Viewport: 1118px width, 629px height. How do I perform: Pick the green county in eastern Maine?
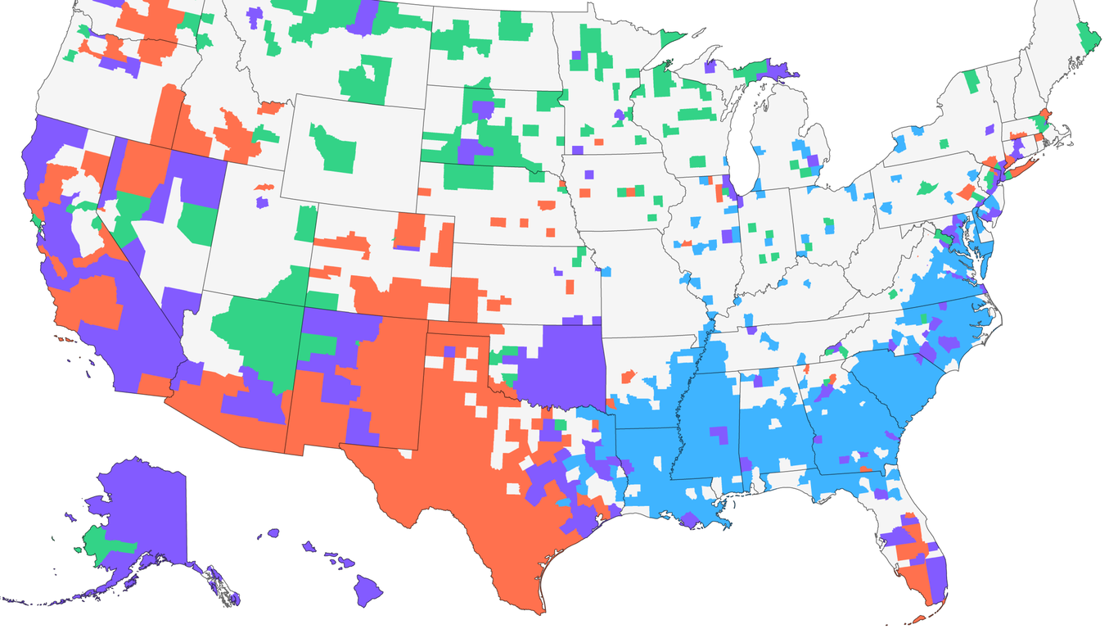point(1089,35)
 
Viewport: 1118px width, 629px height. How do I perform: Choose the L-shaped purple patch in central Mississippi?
point(719,433)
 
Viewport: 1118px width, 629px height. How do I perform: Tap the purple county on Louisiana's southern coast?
point(690,519)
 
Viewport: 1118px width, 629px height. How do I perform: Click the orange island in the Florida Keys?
point(921,620)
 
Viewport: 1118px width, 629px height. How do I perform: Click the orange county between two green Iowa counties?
point(628,192)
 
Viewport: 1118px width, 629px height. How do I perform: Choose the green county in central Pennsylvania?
point(927,188)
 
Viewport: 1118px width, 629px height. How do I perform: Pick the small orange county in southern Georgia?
point(864,469)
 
